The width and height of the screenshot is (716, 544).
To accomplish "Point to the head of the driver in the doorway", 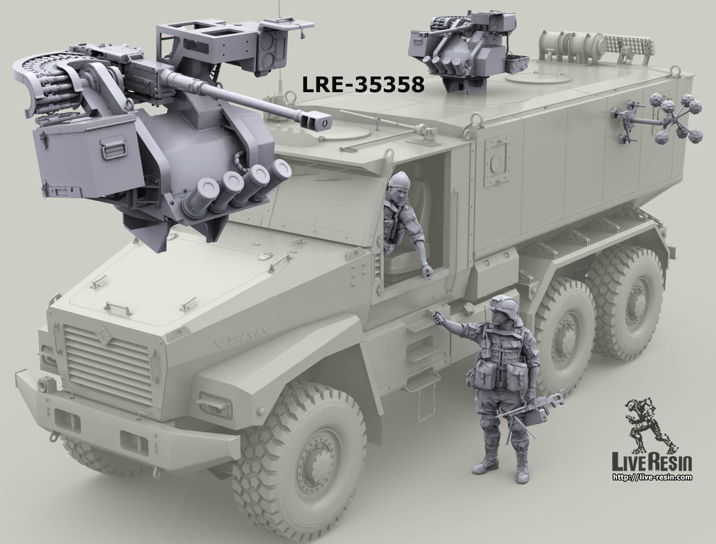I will click(396, 187).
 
